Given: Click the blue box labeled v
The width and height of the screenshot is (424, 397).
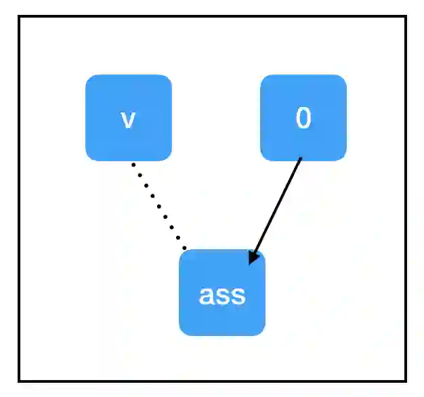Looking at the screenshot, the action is click(x=129, y=117).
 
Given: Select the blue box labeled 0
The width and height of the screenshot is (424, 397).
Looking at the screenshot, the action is click(x=303, y=117).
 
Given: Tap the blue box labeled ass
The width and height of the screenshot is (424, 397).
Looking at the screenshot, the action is click(x=222, y=293).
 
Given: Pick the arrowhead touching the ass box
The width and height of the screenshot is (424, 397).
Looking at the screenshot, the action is click(x=253, y=258).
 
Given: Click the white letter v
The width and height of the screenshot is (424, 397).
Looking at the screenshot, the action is click(x=128, y=119).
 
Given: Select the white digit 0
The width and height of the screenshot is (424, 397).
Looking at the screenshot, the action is click(x=303, y=119).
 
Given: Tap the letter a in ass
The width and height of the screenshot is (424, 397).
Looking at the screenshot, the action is click(x=206, y=296).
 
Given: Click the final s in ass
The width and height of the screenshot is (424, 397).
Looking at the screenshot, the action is click(x=238, y=296).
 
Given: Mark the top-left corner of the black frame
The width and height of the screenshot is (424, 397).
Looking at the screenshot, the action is click(x=20, y=17).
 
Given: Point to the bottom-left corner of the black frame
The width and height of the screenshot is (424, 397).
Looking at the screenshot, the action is click(x=20, y=380).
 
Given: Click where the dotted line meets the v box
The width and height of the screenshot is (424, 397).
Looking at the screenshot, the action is click(x=133, y=163).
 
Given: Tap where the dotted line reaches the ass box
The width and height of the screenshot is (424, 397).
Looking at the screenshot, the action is click(x=185, y=249).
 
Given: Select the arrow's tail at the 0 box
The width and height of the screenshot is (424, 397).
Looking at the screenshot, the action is click(x=301, y=160).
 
